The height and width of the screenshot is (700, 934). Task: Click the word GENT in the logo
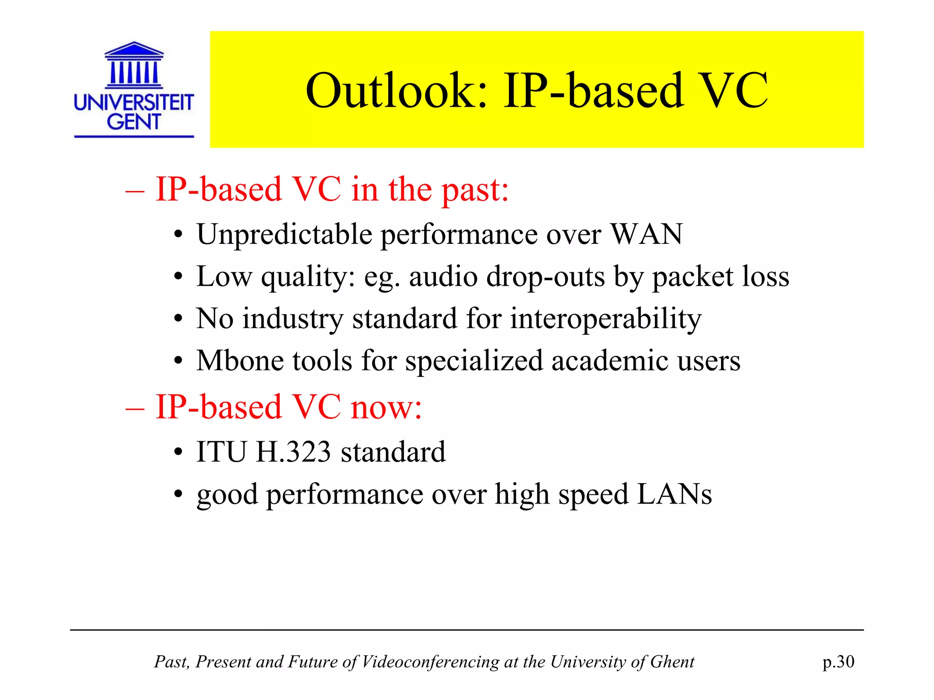click(134, 122)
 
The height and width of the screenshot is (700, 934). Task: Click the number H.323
click(293, 452)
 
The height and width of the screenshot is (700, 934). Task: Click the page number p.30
click(838, 662)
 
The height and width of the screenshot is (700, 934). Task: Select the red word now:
click(386, 407)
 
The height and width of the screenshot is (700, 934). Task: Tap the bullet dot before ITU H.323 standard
click(178, 453)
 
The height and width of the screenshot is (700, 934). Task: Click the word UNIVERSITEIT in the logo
click(134, 102)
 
